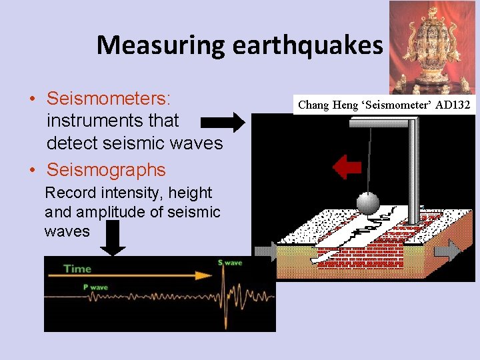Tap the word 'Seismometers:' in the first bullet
pos(109,99)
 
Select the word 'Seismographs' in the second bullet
pos(105,169)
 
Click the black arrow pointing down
pos(114,239)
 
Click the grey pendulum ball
pos(368,203)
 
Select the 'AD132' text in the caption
pos(453,105)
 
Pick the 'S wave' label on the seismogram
pos(230,263)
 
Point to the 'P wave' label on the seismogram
pos(95,287)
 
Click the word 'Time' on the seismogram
pos(77,269)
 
